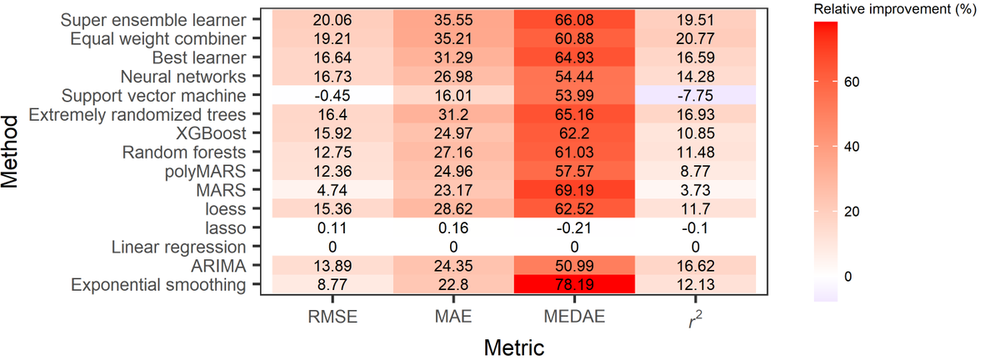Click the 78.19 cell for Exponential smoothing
(574, 285)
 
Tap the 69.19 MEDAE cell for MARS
(574, 190)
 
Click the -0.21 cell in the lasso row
(574, 228)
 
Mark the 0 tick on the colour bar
(856, 276)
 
